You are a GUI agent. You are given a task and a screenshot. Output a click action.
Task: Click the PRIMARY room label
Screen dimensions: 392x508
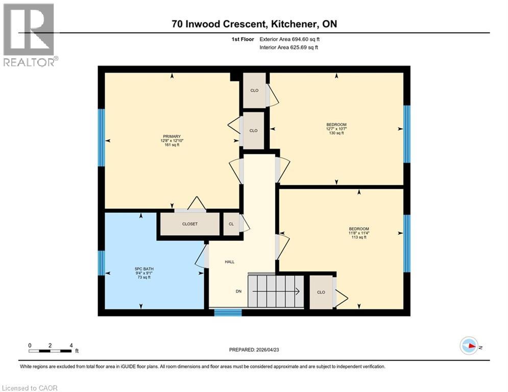pos(172,136)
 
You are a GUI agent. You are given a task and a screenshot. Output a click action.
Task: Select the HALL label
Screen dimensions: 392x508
pos(230,262)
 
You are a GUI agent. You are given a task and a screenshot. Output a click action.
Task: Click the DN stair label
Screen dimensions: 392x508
pos(238,291)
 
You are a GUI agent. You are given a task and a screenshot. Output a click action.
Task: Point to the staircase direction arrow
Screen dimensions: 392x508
pos(276,291)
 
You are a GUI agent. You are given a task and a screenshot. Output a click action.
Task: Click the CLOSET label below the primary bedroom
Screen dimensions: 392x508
pos(190,224)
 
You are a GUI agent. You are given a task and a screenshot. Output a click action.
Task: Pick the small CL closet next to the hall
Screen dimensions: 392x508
pos(231,224)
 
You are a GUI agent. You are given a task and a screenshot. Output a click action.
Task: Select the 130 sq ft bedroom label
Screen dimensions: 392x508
pos(336,129)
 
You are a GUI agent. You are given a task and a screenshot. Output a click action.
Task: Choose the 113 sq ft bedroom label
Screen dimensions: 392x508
pos(358,233)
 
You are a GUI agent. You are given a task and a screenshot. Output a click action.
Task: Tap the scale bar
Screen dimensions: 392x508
pos(50,351)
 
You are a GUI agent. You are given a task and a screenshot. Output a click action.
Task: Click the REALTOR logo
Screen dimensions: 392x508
pos(29,35)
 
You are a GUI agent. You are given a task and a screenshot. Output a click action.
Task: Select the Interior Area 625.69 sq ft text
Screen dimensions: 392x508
pos(290,47)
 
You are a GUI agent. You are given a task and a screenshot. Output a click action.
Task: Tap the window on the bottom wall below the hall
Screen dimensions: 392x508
pos(228,312)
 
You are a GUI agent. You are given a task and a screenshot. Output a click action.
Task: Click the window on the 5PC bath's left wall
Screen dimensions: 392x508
pos(101,262)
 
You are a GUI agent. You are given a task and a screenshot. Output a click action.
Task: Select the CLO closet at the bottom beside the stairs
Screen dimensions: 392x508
pos(321,292)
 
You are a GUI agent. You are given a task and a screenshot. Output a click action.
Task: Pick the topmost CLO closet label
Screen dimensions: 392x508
pos(254,90)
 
